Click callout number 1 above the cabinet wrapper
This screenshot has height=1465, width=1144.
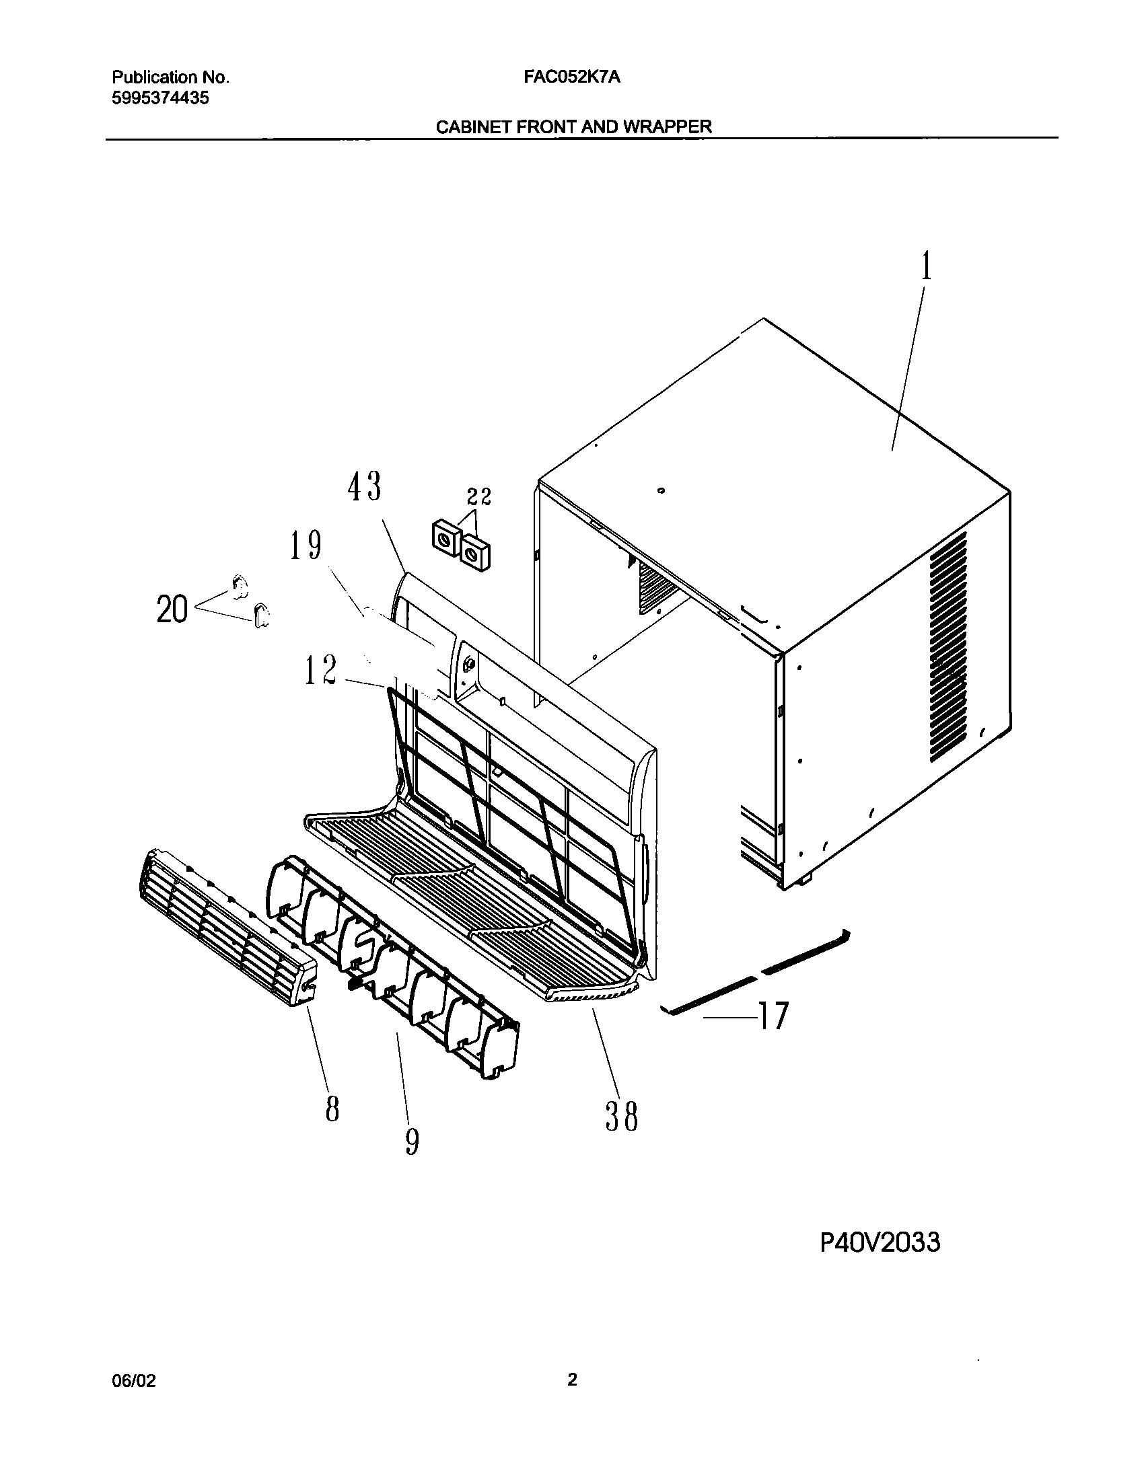pyautogui.click(x=927, y=267)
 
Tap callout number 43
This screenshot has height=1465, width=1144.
pyautogui.click(x=364, y=486)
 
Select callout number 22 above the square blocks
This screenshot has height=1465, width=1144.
pyautogui.click(x=479, y=497)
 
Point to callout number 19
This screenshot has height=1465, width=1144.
pyautogui.click(x=305, y=546)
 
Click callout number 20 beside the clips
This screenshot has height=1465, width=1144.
pyautogui.click(x=172, y=610)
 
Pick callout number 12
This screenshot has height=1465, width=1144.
pyautogui.click(x=320, y=671)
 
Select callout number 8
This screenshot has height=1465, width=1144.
pyautogui.click(x=332, y=1109)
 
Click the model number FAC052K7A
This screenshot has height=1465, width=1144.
pyautogui.click(x=572, y=77)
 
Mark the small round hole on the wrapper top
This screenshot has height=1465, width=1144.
pyautogui.click(x=662, y=492)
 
